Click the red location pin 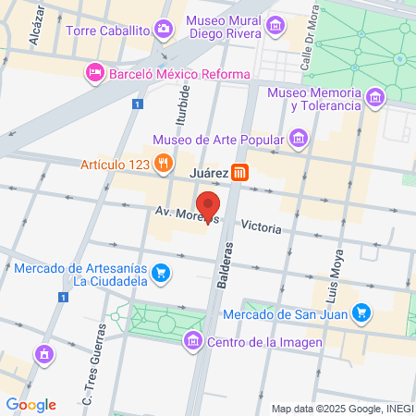click(209, 205)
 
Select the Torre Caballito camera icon click(164, 30)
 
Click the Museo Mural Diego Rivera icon click(275, 30)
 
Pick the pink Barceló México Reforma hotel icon click(94, 73)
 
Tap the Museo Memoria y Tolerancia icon click(374, 98)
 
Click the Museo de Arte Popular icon click(298, 141)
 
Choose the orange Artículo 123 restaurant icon click(164, 164)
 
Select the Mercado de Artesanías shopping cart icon click(161, 273)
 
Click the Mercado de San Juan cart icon click(363, 315)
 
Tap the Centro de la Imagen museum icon click(193, 342)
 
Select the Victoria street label click(260, 225)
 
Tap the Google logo click(31, 404)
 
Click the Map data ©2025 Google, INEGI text click(341, 409)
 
